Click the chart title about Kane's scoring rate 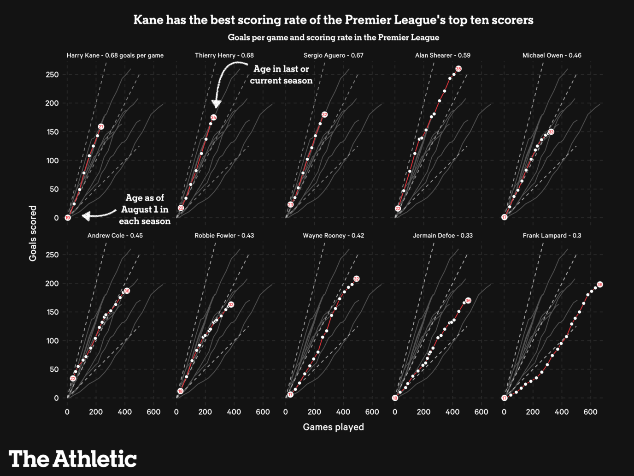click(333, 20)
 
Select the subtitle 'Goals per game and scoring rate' click(333, 37)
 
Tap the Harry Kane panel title click(115, 55)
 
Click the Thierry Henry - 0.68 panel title click(224, 55)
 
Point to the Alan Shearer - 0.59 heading click(442, 55)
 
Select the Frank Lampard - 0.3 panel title click(552, 236)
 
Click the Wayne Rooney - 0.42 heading click(333, 236)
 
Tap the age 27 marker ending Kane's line click(101, 127)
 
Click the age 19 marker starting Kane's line click(68, 218)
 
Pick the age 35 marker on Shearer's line click(458, 69)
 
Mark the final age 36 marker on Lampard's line click(599, 285)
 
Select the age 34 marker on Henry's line click(213, 118)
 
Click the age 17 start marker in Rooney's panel click(290, 395)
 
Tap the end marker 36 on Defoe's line click(468, 301)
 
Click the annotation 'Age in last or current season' click(281, 75)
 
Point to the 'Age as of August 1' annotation click(145, 209)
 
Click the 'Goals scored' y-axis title click(33, 233)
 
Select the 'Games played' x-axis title click(333, 427)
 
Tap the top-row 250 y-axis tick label click(52, 75)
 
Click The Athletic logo click(73, 459)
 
